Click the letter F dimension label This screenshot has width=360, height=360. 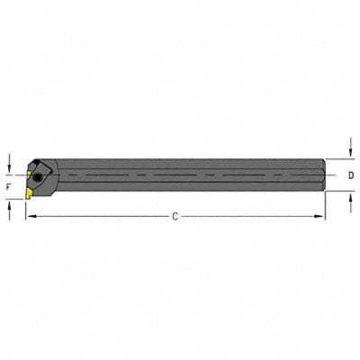pos(9,185)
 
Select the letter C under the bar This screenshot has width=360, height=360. pos(175,216)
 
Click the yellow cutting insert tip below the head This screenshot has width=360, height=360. pos(29,191)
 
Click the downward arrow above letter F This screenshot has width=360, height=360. pos(9,162)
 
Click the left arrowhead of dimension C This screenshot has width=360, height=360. pos(30,216)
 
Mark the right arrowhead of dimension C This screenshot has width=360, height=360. pos(320,216)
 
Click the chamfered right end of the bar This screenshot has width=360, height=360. pos(321,175)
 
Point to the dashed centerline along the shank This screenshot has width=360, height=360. pos(180,175)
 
